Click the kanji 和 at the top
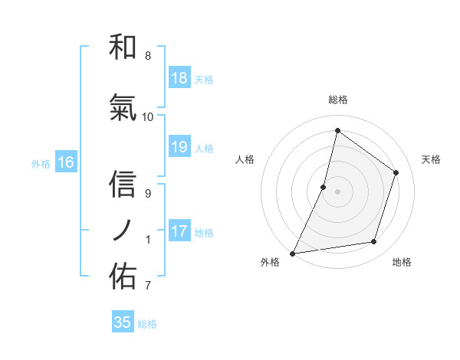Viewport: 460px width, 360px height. click(123, 47)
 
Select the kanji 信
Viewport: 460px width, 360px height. click(123, 185)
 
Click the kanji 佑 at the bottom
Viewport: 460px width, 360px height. click(123, 277)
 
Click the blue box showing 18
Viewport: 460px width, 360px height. click(179, 78)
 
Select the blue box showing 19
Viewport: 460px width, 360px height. click(179, 147)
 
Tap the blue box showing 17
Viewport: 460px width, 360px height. click(179, 231)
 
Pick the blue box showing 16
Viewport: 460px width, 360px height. click(65, 162)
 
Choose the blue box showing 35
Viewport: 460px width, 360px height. click(123, 322)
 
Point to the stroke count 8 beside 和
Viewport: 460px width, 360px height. click(147, 56)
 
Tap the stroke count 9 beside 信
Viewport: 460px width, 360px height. click(147, 194)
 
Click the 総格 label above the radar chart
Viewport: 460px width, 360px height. click(337, 100)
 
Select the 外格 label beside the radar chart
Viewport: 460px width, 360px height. click(270, 263)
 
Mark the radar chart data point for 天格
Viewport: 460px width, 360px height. click(396, 172)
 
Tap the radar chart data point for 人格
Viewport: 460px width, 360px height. click(324, 187)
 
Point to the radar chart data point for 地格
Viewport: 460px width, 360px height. click(374, 242)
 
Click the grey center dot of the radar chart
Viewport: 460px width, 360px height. click(337, 191)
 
